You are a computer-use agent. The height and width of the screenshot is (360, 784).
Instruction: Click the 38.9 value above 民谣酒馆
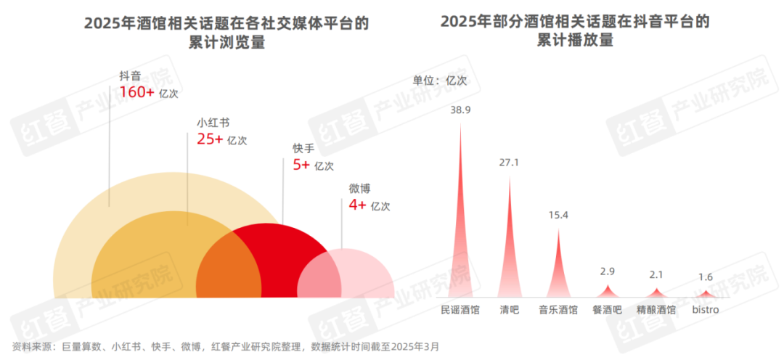[460, 110]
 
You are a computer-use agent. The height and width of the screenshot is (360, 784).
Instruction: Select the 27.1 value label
[509, 163]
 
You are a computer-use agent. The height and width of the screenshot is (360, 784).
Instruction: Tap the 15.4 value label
[558, 216]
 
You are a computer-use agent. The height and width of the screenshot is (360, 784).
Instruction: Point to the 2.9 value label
[608, 271]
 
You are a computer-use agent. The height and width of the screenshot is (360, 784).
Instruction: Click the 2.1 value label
[656, 274]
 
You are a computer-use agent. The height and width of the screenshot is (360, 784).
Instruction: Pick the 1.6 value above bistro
[705, 277]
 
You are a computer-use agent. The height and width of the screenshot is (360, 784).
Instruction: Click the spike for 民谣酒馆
[460, 232]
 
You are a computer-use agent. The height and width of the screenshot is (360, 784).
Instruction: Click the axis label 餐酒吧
[608, 310]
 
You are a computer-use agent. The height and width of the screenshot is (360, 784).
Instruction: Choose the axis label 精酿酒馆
[656, 310]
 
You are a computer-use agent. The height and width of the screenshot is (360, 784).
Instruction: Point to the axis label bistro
[705, 310]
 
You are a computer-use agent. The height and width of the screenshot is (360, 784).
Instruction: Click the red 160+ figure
[137, 92]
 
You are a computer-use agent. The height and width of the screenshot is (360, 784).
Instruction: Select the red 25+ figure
[210, 139]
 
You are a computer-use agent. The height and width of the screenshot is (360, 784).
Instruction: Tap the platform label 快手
[303, 147]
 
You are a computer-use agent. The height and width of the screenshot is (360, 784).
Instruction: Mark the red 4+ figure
[357, 205]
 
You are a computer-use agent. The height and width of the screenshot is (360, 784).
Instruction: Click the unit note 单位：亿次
[440, 80]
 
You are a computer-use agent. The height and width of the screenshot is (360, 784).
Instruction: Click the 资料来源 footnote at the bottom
[226, 346]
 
